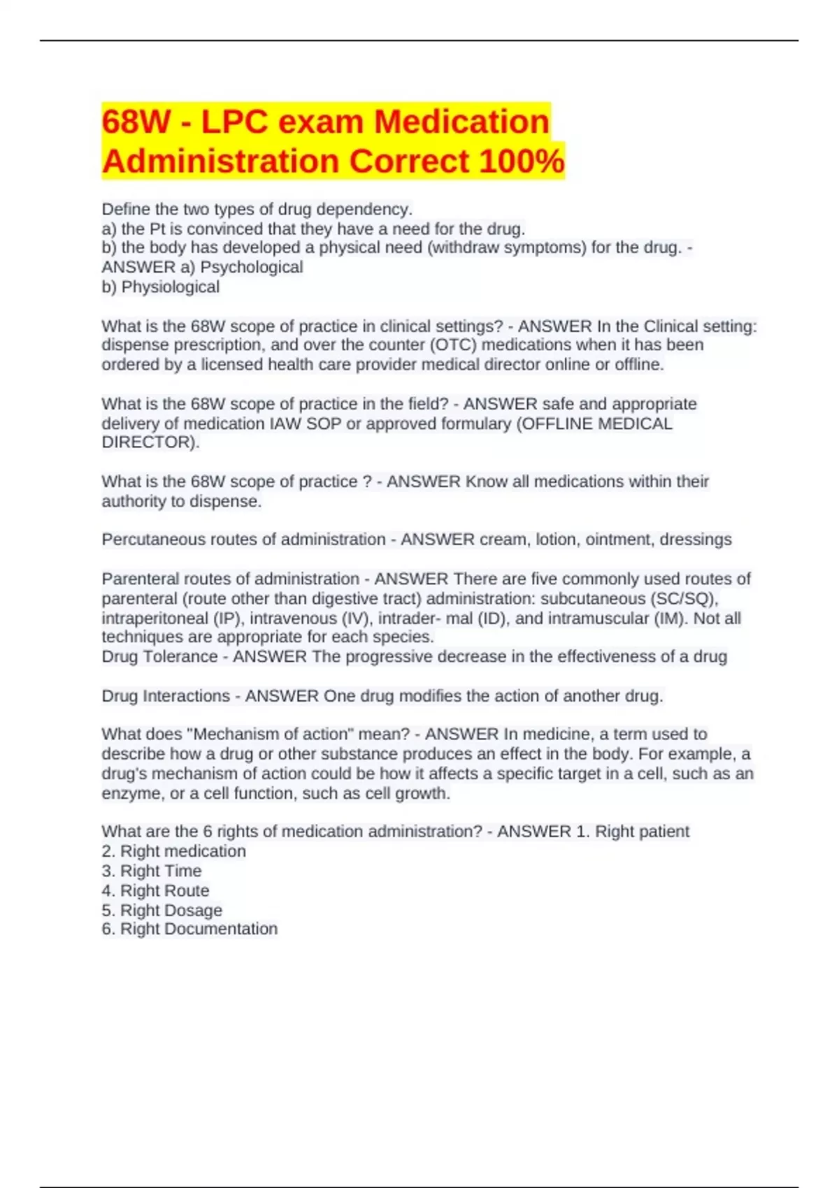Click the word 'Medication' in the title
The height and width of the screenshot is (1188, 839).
[x=461, y=122]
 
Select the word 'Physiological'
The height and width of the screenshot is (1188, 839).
[x=171, y=287]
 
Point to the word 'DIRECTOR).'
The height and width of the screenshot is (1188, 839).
[x=150, y=442]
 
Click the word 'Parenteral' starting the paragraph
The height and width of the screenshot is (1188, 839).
[x=141, y=579]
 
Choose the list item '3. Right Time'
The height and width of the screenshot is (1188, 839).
[x=152, y=871]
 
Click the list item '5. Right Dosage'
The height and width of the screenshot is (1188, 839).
[x=162, y=911]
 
